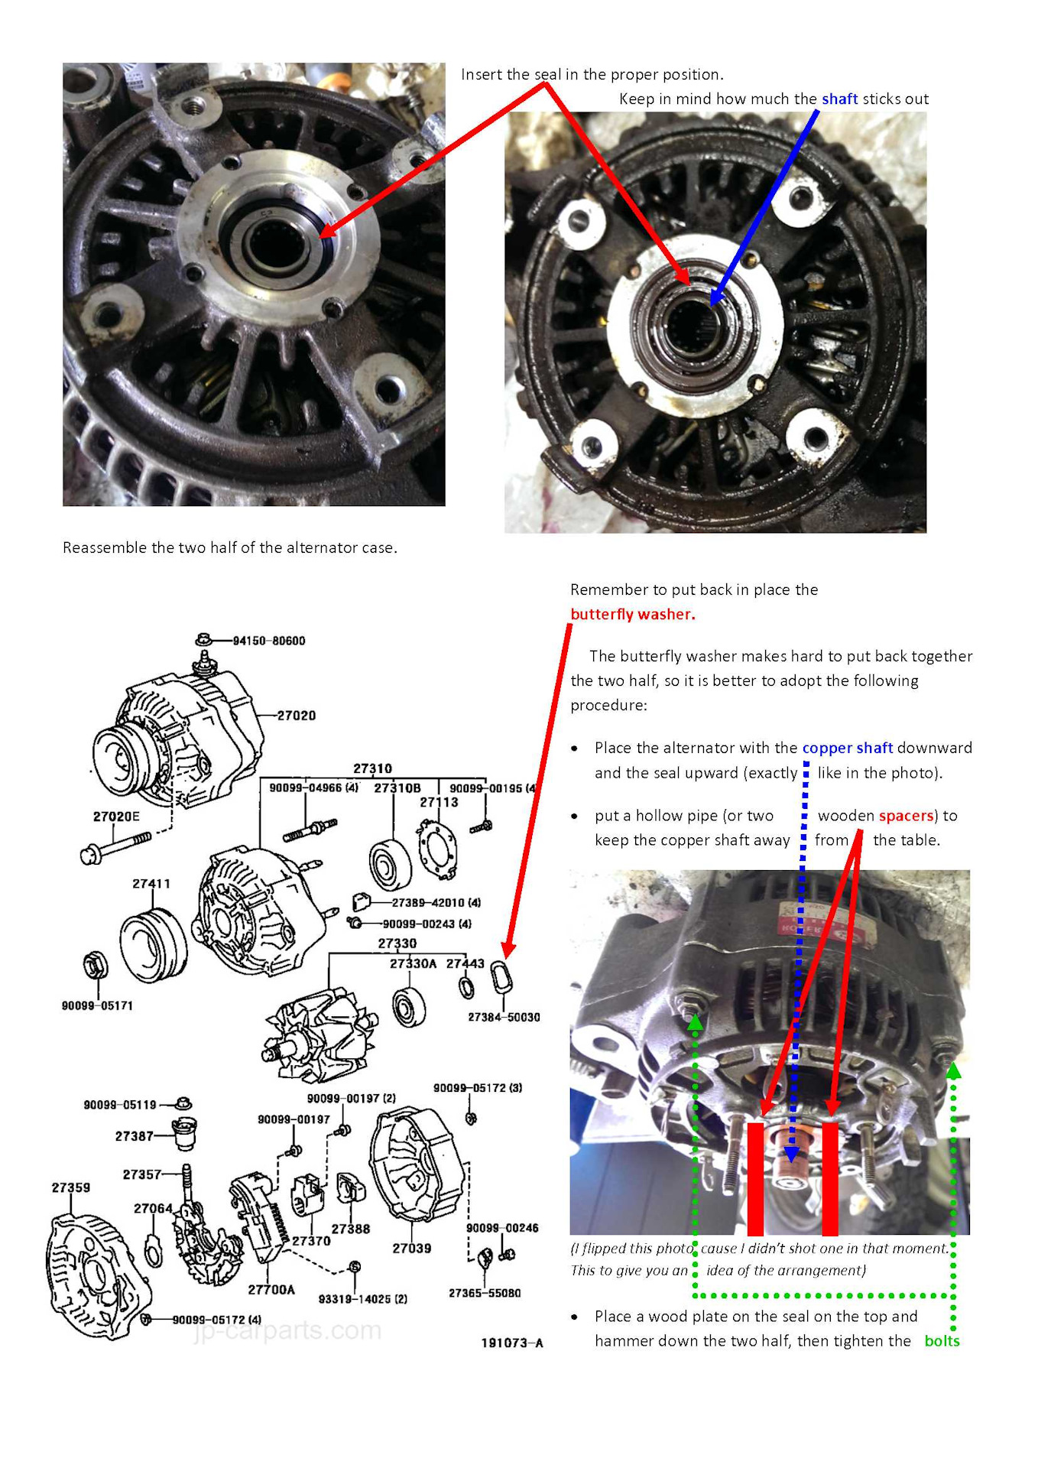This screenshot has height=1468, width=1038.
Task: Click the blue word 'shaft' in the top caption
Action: tap(839, 99)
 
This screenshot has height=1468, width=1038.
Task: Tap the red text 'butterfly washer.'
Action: tap(632, 614)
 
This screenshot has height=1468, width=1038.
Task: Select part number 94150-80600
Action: tap(269, 641)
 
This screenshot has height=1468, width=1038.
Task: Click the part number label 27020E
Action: tap(116, 817)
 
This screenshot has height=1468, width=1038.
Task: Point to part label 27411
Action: tap(151, 884)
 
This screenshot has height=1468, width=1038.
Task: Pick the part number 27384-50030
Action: tap(504, 1017)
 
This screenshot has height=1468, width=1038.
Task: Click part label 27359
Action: tap(71, 1187)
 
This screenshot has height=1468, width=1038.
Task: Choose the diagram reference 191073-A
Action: tap(512, 1343)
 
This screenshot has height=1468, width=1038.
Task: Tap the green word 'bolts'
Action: tap(942, 1340)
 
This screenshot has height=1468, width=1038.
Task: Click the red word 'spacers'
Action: tap(907, 816)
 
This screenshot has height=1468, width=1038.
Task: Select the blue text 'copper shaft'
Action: tap(848, 748)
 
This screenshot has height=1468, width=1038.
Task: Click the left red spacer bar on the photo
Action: tap(755, 1178)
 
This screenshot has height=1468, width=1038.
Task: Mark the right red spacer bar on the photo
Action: tap(830, 1178)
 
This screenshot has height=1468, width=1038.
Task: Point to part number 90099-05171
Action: tap(97, 1005)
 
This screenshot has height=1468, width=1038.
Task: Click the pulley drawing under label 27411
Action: tap(153, 945)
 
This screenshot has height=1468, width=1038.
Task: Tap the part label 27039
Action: tap(412, 1249)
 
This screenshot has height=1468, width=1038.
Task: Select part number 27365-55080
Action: tap(485, 1293)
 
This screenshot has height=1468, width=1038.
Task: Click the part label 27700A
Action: tap(271, 1290)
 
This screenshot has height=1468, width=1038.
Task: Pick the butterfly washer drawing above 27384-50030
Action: tap(502, 978)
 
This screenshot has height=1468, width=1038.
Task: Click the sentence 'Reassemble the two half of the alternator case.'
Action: tap(230, 547)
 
